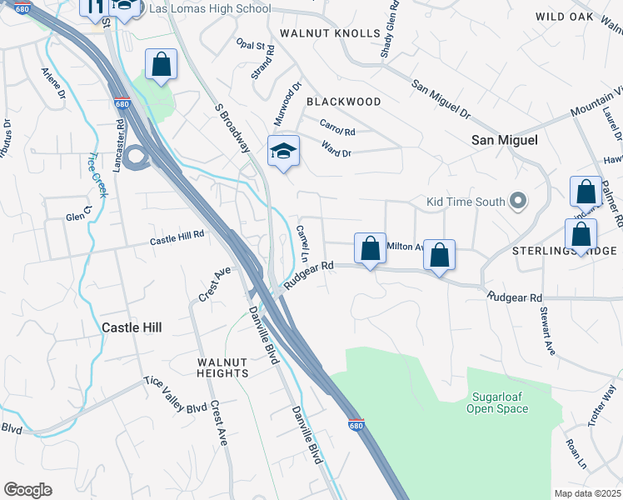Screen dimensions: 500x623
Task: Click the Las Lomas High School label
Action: click(x=209, y=8)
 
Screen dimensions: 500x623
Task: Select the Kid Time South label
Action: click(x=466, y=202)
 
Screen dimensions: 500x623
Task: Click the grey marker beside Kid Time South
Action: click(x=519, y=201)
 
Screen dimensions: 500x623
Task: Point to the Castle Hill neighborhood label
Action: click(x=132, y=327)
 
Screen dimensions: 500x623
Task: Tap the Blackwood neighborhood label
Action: click(x=343, y=102)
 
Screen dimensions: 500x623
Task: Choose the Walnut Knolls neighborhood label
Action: click(x=330, y=33)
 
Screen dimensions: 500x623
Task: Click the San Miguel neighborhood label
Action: click(x=505, y=141)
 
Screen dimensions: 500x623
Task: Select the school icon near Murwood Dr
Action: click(x=283, y=152)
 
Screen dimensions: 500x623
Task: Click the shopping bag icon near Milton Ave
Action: click(x=370, y=248)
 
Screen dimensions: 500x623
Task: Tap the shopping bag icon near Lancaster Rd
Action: click(x=162, y=64)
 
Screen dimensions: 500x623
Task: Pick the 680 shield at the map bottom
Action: click(x=356, y=424)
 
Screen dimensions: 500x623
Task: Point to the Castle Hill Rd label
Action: click(x=177, y=238)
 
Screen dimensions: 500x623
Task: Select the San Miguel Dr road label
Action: click(x=441, y=98)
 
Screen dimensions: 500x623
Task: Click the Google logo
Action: click(x=27, y=490)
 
